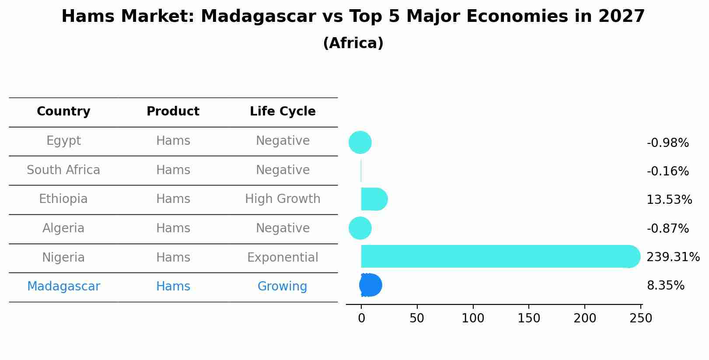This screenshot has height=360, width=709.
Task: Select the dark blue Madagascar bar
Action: point(370,285)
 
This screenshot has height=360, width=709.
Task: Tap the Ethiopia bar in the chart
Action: point(374,199)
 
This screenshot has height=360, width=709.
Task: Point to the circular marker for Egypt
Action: point(360,142)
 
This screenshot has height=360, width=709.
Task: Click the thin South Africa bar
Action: point(361,171)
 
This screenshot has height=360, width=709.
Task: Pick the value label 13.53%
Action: point(669,200)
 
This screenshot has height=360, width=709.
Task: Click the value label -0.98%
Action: point(667,143)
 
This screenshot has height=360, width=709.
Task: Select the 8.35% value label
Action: point(665,286)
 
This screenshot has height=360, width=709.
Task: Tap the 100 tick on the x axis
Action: point(473,318)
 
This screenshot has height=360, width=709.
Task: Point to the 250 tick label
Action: point(641,318)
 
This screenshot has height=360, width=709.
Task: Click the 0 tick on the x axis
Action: point(361,318)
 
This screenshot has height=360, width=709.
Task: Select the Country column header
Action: point(63,112)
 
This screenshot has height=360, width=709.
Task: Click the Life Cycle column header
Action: point(283,112)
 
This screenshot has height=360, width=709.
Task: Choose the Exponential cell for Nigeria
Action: point(283,257)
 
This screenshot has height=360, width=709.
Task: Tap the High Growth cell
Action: point(283,199)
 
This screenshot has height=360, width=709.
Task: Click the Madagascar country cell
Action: point(63,287)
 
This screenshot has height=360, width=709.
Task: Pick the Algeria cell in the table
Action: point(63,228)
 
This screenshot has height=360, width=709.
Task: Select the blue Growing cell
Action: point(282,287)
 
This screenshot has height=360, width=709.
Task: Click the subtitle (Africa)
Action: point(353,43)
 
